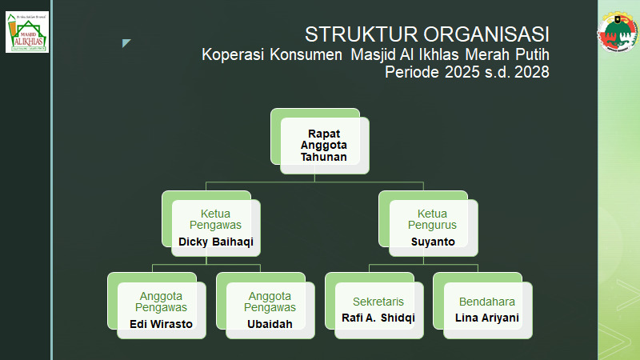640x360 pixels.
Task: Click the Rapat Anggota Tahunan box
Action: pos(324,146)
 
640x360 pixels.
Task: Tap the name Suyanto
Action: pos(433,241)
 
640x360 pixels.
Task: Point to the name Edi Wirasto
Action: pos(161,324)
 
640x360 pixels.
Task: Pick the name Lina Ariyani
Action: pos(486,318)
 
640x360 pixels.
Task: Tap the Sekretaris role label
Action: pos(378,302)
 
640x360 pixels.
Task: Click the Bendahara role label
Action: pos(486,302)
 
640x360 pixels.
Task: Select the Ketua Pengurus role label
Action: pos(433,219)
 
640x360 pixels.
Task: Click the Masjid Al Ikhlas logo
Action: pos(26,32)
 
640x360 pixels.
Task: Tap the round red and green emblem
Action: pos(618,32)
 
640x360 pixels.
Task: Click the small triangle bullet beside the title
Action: pos(126,43)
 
